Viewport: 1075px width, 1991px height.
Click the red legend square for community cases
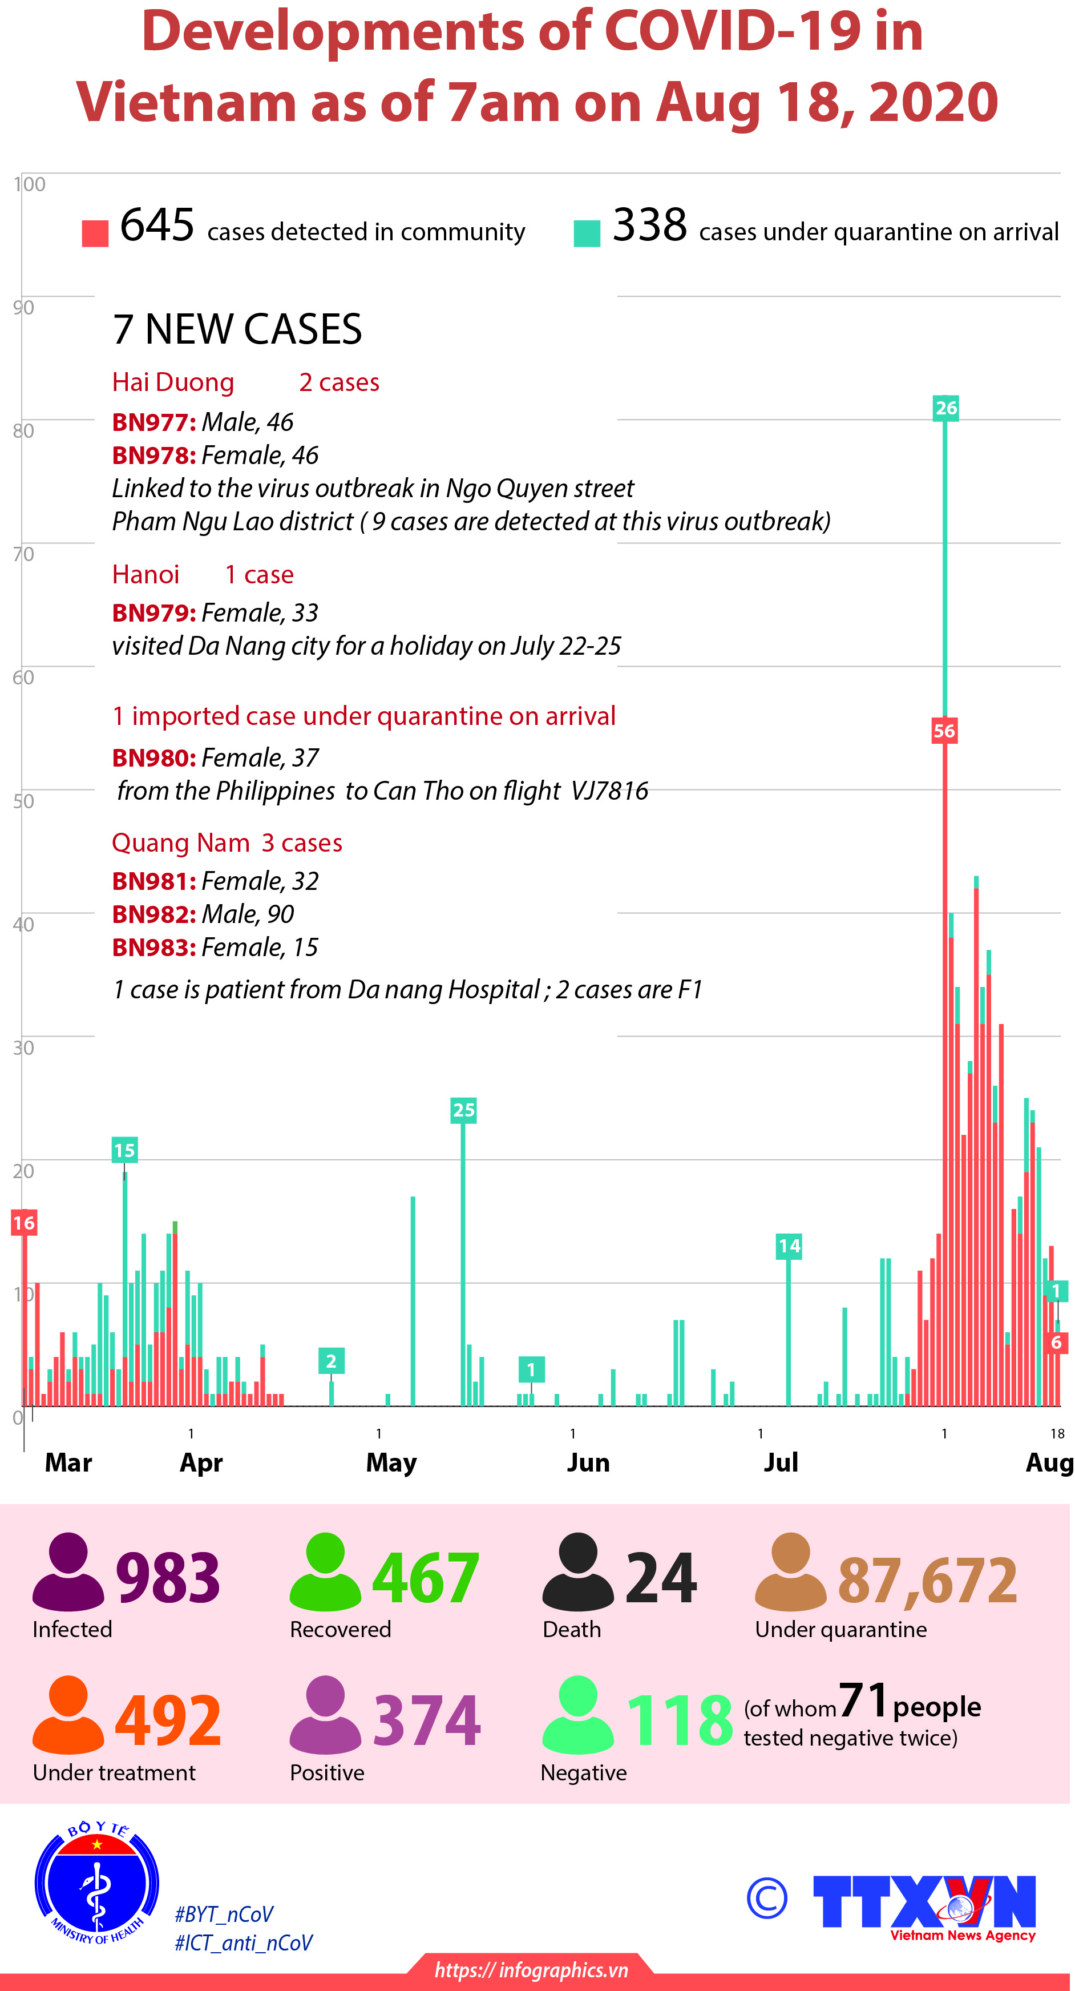tap(95, 233)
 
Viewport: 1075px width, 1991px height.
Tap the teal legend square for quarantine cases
tap(587, 233)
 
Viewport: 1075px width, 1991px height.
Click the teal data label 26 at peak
tap(946, 408)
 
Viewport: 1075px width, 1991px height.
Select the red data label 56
tap(944, 731)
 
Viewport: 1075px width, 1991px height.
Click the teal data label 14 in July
tap(789, 1246)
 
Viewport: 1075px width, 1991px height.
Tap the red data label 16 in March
tap(23, 1223)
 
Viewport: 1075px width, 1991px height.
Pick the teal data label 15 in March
tap(124, 1150)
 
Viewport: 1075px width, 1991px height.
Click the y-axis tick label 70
tap(23, 554)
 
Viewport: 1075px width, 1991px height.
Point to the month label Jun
tap(588, 1462)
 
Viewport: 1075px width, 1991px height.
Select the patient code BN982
tap(153, 914)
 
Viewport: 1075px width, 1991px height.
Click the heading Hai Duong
tap(172, 382)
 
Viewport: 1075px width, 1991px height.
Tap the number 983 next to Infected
tap(168, 1578)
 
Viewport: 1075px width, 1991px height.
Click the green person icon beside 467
tap(325, 1570)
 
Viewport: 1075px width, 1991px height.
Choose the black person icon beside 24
tap(578, 1570)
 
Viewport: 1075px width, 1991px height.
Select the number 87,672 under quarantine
tap(927, 1580)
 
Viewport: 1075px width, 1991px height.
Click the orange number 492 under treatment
tap(168, 1720)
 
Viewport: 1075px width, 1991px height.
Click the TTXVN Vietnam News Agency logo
tap(925, 1904)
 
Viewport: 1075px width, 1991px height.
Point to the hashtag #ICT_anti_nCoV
tap(244, 1943)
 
